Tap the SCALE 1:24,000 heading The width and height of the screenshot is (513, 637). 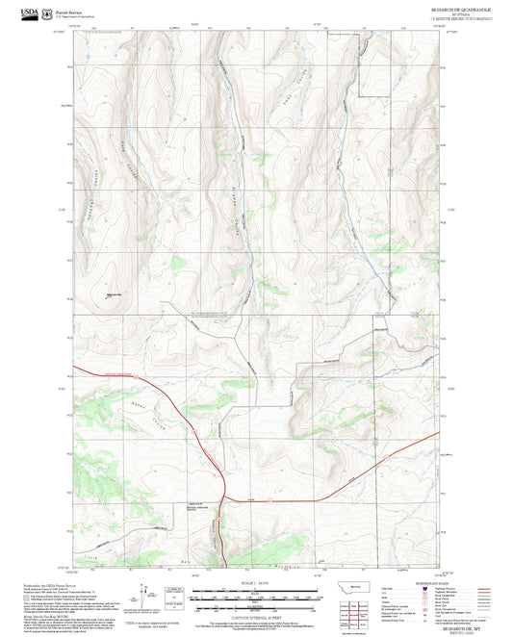click(x=256, y=583)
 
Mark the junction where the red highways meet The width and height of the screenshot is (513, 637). click(x=224, y=498)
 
